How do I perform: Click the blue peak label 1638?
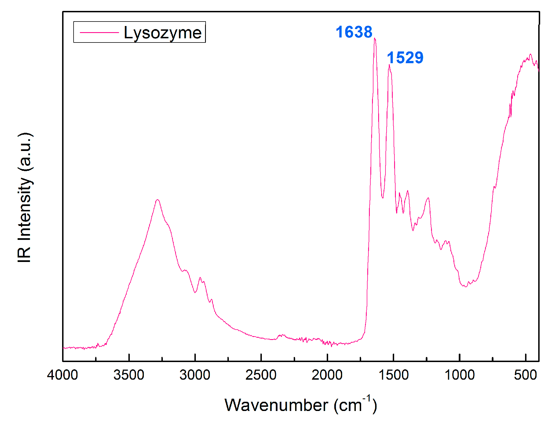[x=354, y=32]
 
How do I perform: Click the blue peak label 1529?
[x=405, y=58]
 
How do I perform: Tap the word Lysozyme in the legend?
[x=163, y=33]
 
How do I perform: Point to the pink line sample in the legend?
[x=99, y=32]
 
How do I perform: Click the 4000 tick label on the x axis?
[x=62, y=375]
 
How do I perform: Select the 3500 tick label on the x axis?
[x=129, y=375]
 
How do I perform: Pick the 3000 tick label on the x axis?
[x=195, y=375]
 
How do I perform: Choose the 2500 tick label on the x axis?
[x=261, y=375]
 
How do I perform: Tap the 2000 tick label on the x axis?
[x=327, y=375]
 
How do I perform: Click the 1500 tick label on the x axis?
[x=393, y=375]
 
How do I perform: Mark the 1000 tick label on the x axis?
[x=459, y=375]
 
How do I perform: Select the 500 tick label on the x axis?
[x=525, y=375]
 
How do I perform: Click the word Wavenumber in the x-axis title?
[x=276, y=405]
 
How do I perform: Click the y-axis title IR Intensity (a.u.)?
[x=25, y=197]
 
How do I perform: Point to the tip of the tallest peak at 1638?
[x=375, y=38]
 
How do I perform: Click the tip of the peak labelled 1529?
[x=389, y=65]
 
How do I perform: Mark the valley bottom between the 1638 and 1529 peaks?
[x=382, y=198]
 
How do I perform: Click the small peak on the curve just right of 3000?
[x=200, y=278]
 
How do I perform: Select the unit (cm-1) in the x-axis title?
[x=355, y=405]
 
